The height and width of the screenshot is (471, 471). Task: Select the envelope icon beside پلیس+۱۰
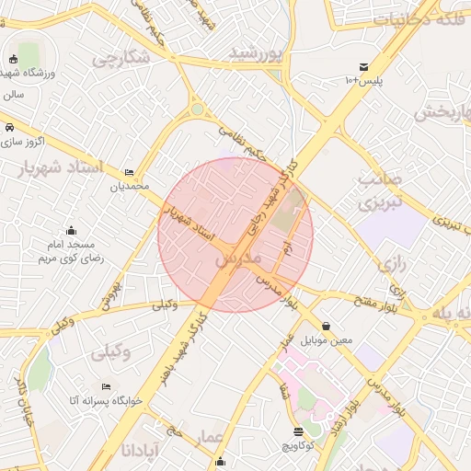click(x=364, y=67)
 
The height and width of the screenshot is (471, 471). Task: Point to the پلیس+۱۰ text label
click(x=363, y=81)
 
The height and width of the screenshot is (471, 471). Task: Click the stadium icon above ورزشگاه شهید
click(x=12, y=59)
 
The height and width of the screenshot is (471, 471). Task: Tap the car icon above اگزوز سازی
click(x=9, y=127)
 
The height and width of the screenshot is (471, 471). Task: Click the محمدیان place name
click(x=129, y=187)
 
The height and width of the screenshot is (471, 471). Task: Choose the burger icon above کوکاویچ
click(x=298, y=431)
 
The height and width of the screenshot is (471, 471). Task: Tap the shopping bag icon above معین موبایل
click(x=327, y=326)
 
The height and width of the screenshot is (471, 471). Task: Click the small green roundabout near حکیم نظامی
click(x=197, y=110)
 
